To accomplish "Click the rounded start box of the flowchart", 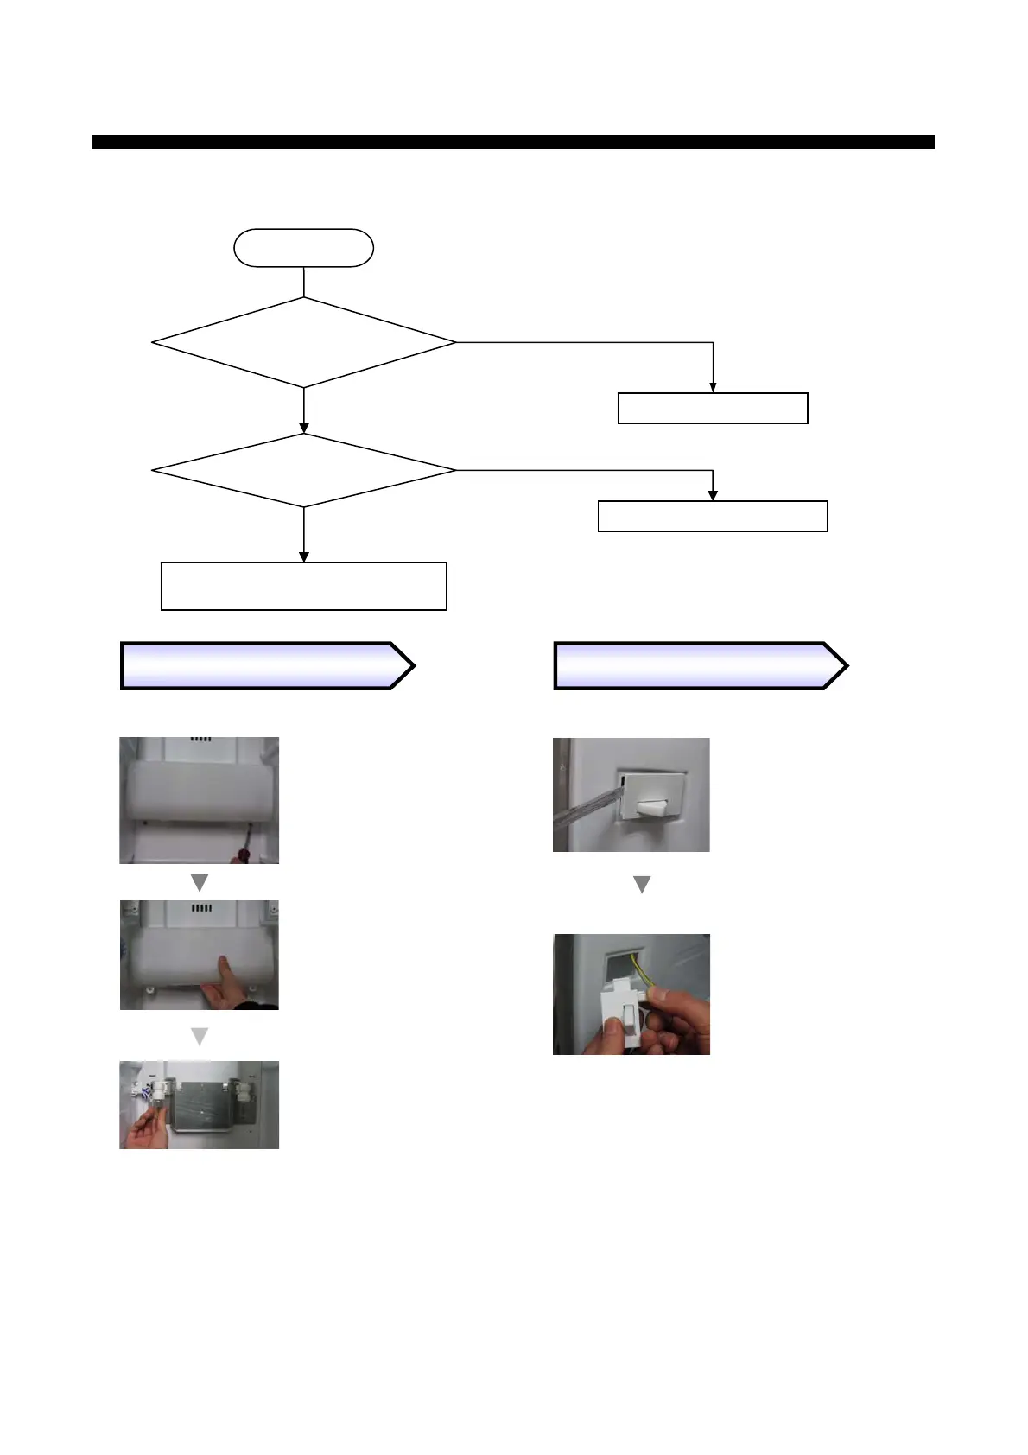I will (x=303, y=248).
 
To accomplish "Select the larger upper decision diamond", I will (x=303, y=343).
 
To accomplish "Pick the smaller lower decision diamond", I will (x=303, y=470).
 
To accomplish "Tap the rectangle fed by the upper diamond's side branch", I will (x=713, y=408).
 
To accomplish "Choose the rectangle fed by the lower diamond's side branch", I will (x=713, y=516).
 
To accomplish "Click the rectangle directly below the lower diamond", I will (x=303, y=586).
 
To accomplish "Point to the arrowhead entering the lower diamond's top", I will (x=304, y=428).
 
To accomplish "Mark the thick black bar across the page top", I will (x=513, y=142).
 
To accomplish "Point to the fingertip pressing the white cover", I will (x=224, y=963).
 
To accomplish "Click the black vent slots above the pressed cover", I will (x=200, y=909).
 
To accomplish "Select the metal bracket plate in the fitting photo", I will (x=200, y=1107).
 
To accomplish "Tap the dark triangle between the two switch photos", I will (x=642, y=885).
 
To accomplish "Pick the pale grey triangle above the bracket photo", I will (x=200, y=1036).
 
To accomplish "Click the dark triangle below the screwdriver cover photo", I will (x=200, y=883).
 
